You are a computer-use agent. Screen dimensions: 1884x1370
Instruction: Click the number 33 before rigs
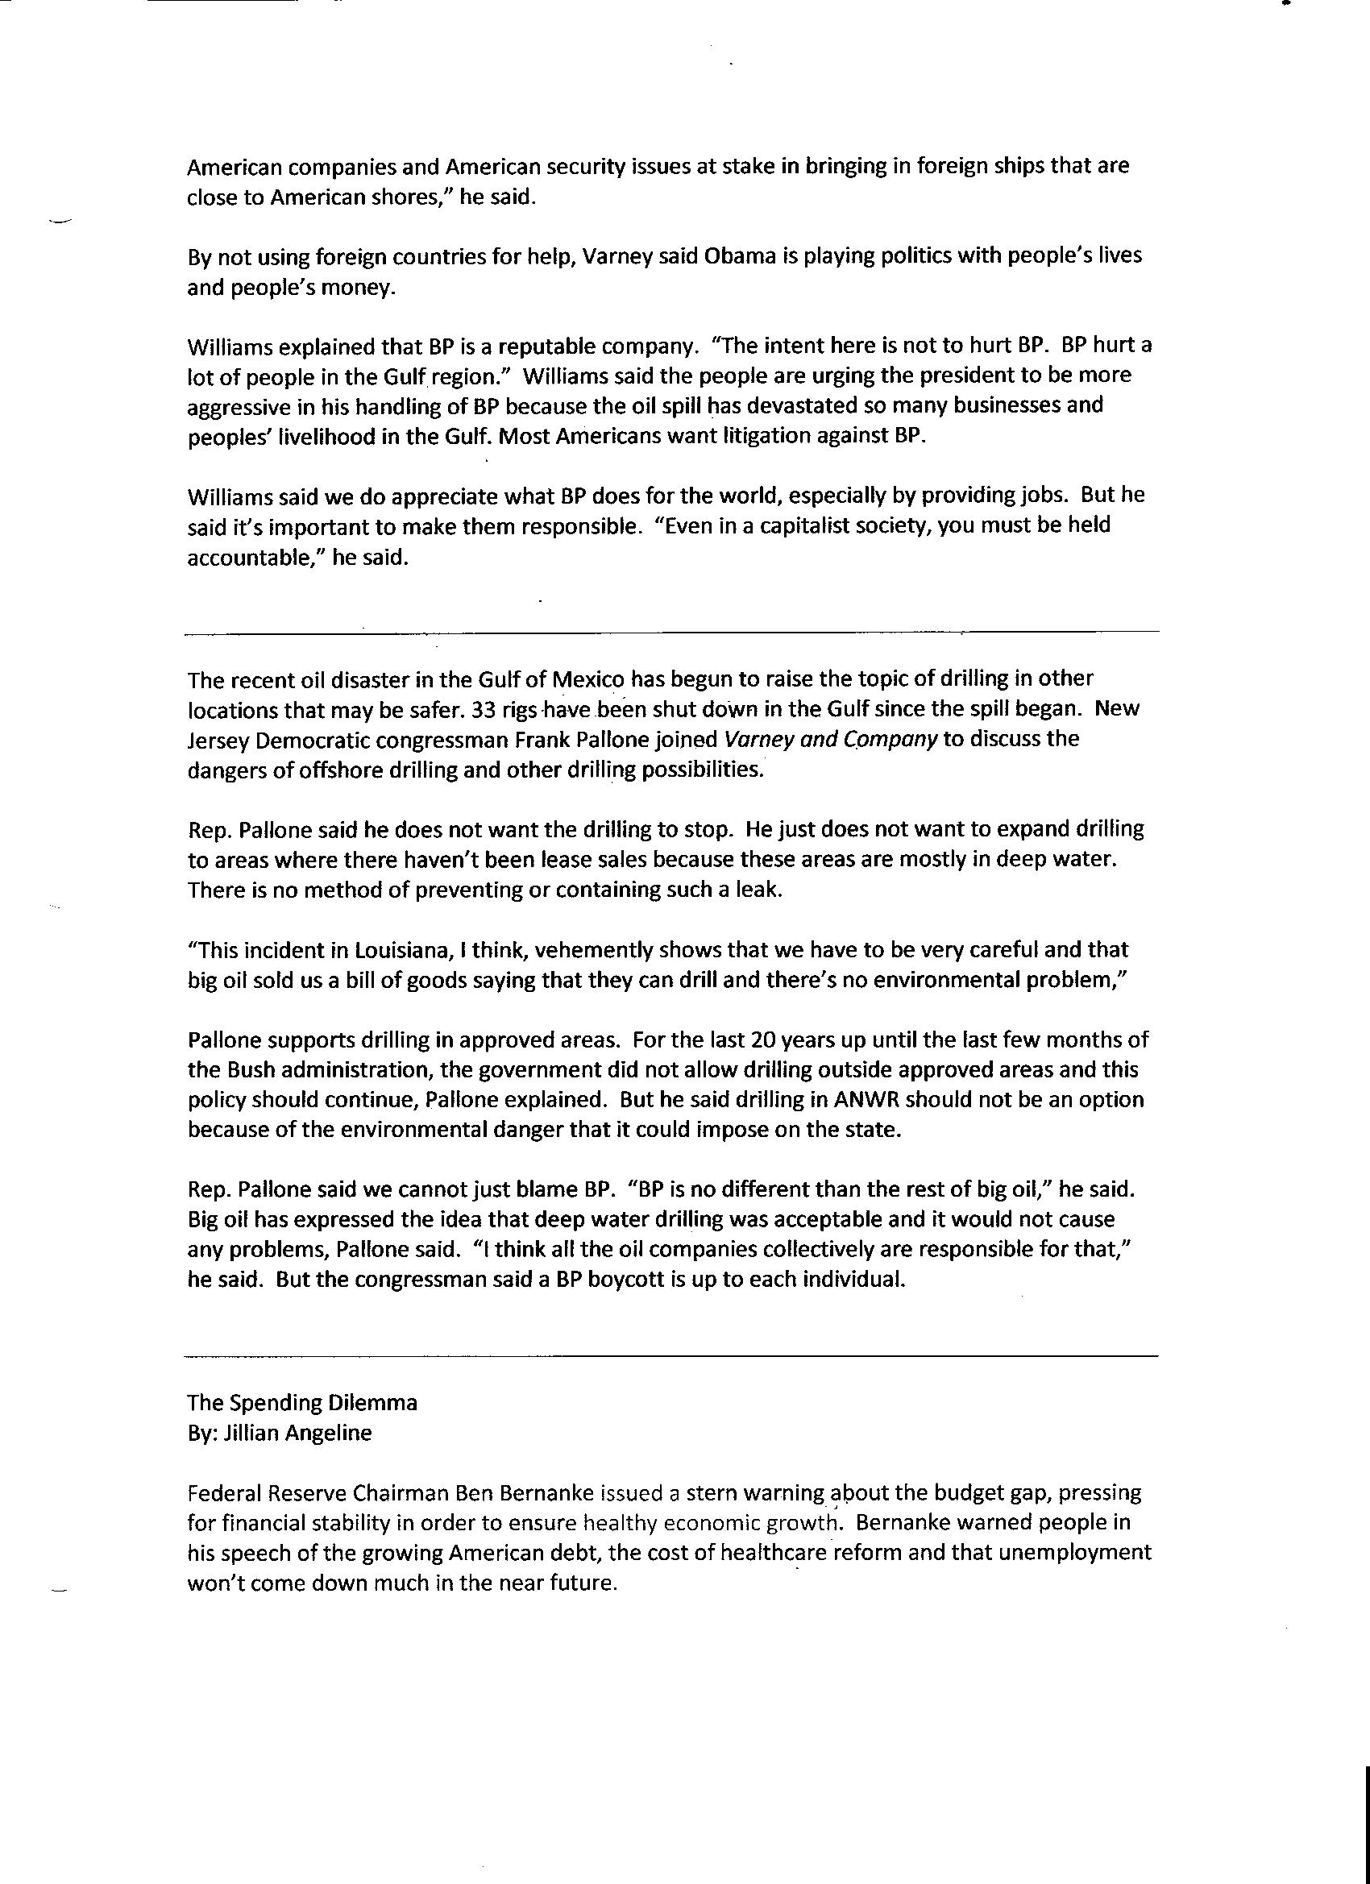click(484, 709)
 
